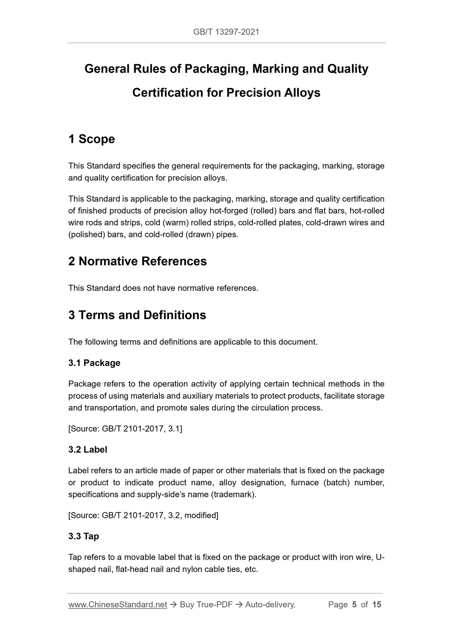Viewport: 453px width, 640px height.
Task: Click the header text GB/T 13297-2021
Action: [226, 32]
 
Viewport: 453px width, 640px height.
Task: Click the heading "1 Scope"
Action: [92, 139]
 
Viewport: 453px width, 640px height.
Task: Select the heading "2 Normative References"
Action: [137, 261]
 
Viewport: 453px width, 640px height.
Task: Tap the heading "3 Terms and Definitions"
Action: [137, 315]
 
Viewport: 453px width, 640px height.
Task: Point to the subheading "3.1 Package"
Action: [94, 363]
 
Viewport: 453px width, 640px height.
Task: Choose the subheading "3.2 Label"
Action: [88, 450]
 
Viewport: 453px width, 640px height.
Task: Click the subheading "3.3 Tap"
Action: [84, 536]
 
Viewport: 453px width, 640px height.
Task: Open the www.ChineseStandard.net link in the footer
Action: [118, 605]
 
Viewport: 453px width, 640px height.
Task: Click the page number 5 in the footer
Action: [354, 605]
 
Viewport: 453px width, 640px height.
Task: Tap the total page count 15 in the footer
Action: [377, 605]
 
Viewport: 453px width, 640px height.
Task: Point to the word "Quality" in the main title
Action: [348, 69]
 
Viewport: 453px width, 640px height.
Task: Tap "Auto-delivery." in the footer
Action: [270, 605]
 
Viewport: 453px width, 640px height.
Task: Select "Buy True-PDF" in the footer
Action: [206, 605]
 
